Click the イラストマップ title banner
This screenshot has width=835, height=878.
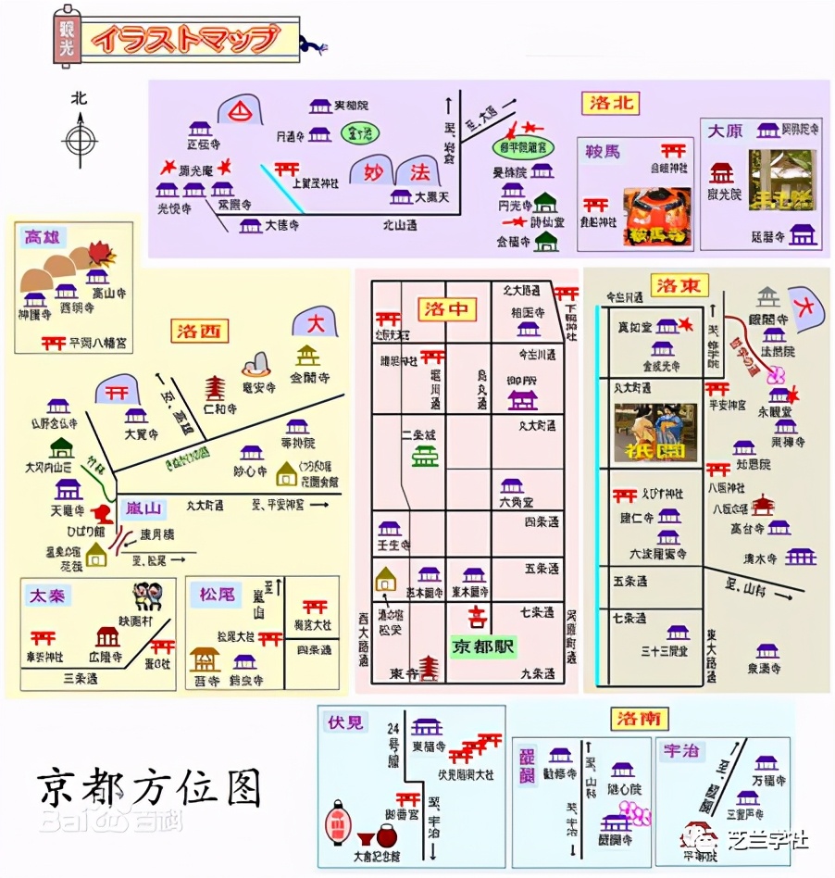185,39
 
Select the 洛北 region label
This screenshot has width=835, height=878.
610,103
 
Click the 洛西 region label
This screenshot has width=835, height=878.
203,331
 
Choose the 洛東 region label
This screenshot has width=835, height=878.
679,285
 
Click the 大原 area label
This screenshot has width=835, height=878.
725,132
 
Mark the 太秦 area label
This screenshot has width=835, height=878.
50,595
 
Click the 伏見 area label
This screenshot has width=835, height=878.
345,721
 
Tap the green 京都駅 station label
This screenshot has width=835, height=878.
484,646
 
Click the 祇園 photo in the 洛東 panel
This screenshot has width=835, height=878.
655,432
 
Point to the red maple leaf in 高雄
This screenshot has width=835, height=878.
100,253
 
